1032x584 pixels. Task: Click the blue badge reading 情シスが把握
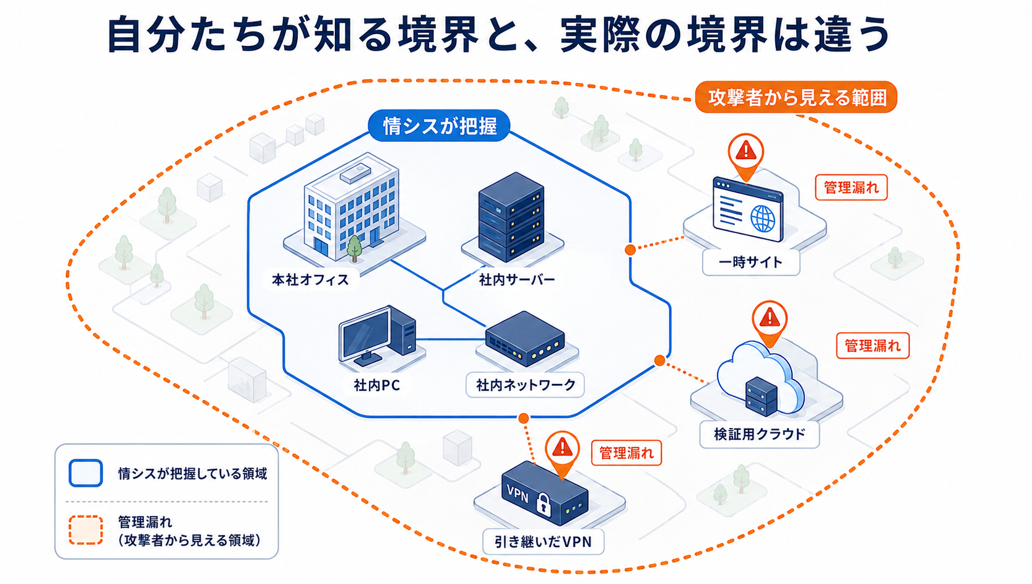[x=439, y=125]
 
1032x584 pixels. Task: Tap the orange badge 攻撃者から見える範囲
[x=796, y=97]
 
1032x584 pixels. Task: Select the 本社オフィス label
[x=311, y=279]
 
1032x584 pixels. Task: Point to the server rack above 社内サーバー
[x=511, y=217]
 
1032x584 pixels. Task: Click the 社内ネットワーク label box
[x=525, y=385]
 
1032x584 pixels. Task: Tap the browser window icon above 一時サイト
[x=747, y=209]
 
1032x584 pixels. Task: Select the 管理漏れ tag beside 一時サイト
[x=851, y=188]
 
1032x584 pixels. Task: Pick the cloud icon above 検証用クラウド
[x=761, y=376]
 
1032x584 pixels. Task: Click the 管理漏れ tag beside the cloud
[x=873, y=346]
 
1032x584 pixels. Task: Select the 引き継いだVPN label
[x=543, y=542]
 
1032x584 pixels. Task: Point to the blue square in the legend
[x=85, y=473]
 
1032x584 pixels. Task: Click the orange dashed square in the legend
[x=85, y=530]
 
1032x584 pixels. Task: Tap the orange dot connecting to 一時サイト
[x=630, y=250]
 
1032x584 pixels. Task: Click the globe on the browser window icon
[x=763, y=219]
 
